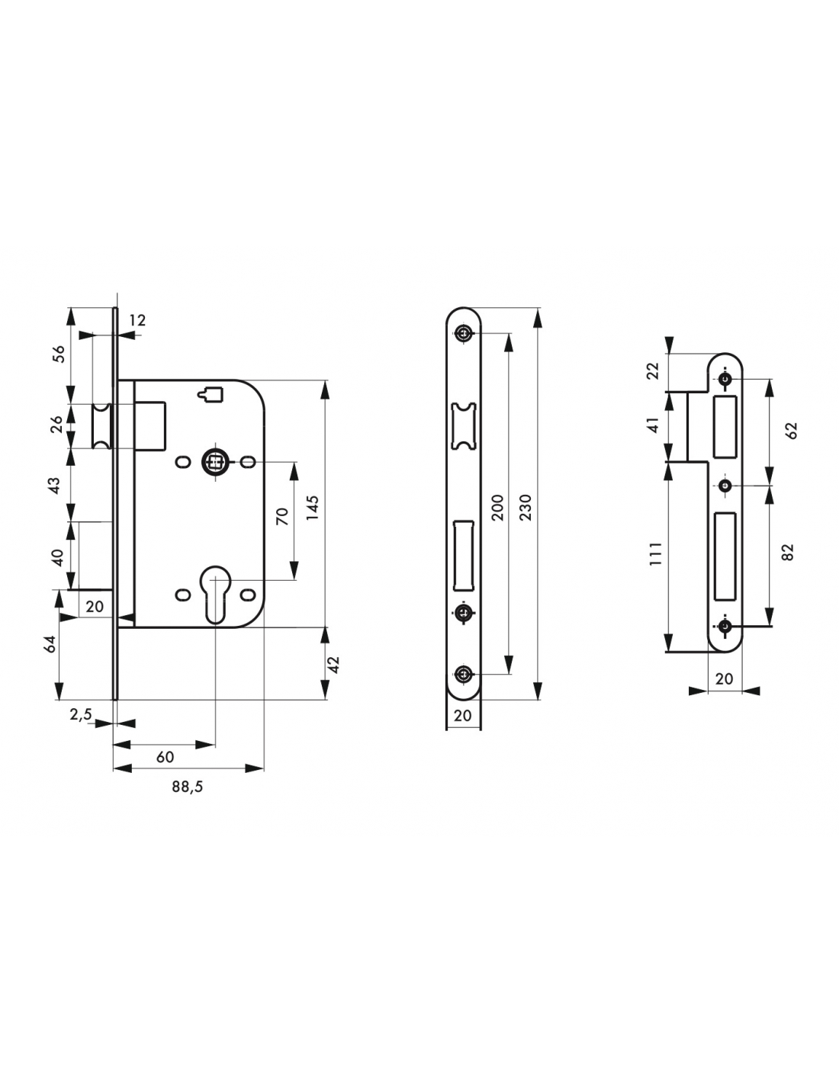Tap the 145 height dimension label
pyautogui.click(x=313, y=508)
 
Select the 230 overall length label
pyautogui.click(x=526, y=508)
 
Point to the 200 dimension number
pyautogui.click(x=497, y=508)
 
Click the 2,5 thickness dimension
pyautogui.click(x=81, y=715)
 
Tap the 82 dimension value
pyautogui.click(x=787, y=552)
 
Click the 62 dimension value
pyautogui.click(x=792, y=431)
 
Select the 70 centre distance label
pyautogui.click(x=282, y=516)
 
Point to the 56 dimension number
pyautogui.click(x=59, y=354)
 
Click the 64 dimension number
pyautogui.click(x=50, y=644)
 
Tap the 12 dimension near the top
pyautogui.click(x=137, y=320)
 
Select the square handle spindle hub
pyautogui.click(x=216, y=462)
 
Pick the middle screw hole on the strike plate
pyautogui.click(x=725, y=485)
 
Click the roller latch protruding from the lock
pyautogui.click(x=101, y=426)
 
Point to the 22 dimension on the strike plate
pyautogui.click(x=653, y=371)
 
